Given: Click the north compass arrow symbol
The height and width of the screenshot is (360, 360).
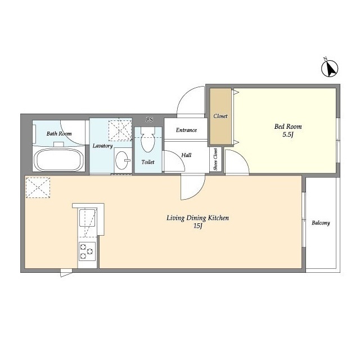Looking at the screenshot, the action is click(x=330, y=68).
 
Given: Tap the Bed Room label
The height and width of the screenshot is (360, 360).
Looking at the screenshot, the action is click(x=288, y=127).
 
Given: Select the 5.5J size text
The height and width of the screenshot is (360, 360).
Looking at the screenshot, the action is click(x=288, y=135).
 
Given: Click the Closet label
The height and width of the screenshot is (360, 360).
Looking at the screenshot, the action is click(x=220, y=116).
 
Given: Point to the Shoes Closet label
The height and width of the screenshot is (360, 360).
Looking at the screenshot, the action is click(x=215, y=159).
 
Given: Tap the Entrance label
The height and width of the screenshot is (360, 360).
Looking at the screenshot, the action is click(x=186, y=130).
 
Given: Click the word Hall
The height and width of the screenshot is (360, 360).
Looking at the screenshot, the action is click(x=186, y=155).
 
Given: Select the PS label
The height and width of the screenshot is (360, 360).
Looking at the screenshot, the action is click(x=150, y=120).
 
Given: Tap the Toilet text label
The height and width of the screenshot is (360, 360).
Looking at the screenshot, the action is click(x=148, y=162).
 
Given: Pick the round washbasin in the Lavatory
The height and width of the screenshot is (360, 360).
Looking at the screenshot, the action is click(x=121, y=160).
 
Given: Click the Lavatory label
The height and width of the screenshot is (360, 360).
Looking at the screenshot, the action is click(x=102, y=146).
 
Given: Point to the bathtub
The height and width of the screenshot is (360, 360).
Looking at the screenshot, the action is click(x=58, y=160).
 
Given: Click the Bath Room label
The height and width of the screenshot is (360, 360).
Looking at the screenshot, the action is click(x=59, y=134).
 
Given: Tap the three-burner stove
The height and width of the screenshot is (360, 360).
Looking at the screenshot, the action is click(x=87, y=251).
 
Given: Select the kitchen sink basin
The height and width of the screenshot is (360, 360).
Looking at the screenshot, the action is click(x=87, y=218).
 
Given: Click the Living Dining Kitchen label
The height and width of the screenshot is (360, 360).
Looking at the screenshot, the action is click(x=197, y=218).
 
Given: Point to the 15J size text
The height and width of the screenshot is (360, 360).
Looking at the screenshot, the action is click(x=197, y=226).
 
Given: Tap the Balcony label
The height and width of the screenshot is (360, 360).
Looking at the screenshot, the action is click(x=321, y=223).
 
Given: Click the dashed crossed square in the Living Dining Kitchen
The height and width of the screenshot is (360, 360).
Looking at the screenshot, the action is click(x=38, y=187).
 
